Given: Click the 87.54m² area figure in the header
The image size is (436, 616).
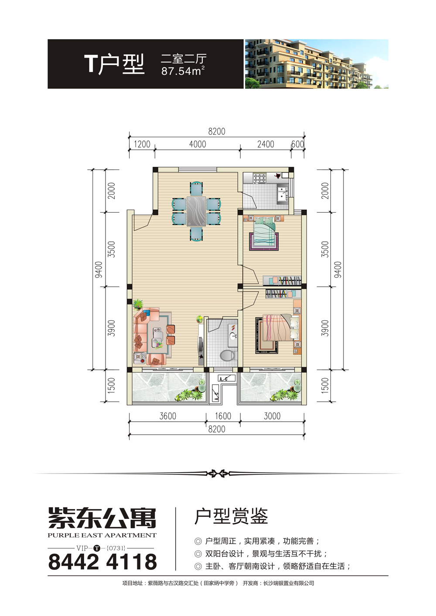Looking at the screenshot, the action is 183,71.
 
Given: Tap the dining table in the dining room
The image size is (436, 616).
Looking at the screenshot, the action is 196,211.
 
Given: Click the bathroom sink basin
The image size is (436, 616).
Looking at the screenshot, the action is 233,336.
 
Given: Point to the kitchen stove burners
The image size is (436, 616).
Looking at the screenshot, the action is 260,178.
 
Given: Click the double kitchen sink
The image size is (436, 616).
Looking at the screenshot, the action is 283,193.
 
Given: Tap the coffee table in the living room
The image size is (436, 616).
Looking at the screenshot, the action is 157,338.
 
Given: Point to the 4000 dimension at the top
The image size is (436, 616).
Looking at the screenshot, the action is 198,144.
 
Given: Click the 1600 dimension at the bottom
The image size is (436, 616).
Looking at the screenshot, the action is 223,416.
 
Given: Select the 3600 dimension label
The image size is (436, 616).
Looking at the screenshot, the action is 167,416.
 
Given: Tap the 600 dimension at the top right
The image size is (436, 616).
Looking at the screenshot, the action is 297,144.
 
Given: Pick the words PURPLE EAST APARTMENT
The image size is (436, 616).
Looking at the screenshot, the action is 102,535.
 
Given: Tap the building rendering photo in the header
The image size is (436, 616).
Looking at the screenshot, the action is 317,64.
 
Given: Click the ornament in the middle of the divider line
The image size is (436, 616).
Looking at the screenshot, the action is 218,473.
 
